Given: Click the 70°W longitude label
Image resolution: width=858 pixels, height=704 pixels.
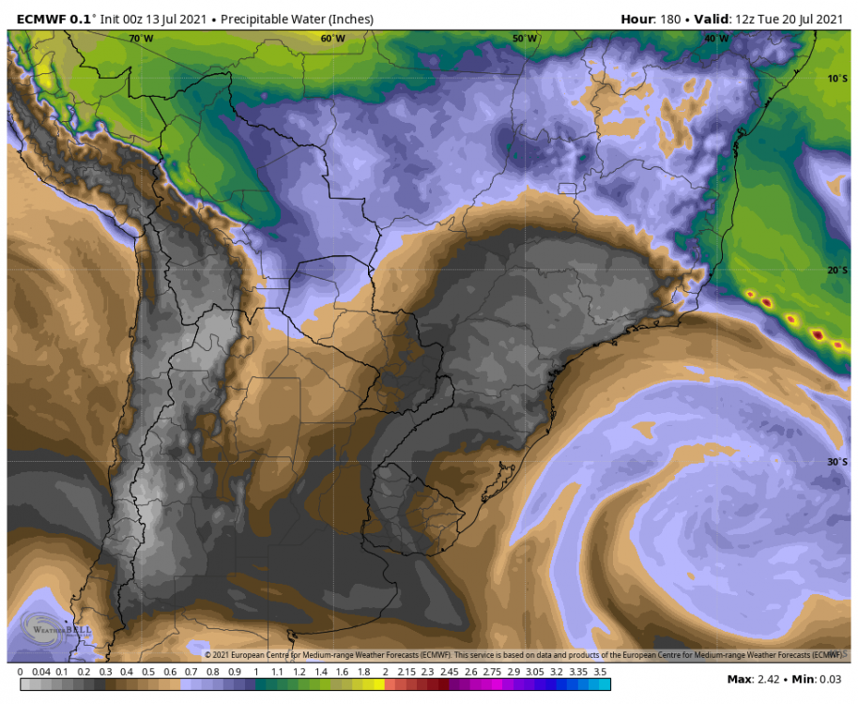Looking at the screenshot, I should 141,38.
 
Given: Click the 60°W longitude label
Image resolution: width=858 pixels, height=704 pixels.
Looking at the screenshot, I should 332,38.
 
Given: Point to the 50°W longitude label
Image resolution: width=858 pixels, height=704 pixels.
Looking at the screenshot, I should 525,38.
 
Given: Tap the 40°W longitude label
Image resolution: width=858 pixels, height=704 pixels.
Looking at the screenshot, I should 716,38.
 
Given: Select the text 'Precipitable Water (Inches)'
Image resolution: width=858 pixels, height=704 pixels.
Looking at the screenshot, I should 297,19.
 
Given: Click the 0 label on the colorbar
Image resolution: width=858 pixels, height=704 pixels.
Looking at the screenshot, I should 21,672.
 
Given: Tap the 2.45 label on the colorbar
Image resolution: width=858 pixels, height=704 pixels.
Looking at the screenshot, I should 449,672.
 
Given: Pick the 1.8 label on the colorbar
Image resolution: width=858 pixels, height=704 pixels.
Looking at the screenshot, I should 362,672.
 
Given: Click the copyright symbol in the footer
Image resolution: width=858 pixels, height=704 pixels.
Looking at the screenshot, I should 208,654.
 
